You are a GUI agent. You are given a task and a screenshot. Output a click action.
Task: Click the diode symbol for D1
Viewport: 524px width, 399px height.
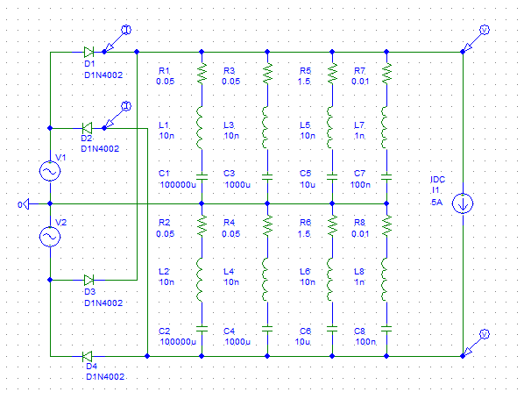point(89,52)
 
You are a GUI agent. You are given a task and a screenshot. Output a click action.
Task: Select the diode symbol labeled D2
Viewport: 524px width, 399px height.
point(88,128)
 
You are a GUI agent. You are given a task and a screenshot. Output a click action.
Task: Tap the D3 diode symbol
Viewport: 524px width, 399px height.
point(89,280)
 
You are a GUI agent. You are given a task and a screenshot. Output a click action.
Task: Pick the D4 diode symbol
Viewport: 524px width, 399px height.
point(88,356)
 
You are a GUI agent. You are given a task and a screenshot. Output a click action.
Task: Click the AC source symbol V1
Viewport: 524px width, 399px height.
point(50,171)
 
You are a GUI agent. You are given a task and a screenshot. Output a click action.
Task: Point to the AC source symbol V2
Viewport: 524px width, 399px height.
point(50,237)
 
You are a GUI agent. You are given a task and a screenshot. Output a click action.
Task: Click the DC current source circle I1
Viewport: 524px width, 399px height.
point(463,203)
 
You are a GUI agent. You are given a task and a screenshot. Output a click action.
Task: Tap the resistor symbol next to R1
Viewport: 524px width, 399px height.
point(202,74)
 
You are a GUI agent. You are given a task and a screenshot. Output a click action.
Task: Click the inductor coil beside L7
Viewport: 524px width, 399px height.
point(385,128)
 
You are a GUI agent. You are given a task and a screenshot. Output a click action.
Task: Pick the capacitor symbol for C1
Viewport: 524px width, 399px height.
point(202,177)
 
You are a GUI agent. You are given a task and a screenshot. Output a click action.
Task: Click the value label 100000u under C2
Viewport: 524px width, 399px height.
point(178,342)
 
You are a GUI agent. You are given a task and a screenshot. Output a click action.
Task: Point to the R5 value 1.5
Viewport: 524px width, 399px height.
point(304,82)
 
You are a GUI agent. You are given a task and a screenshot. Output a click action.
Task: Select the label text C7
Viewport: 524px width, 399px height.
point(359,174)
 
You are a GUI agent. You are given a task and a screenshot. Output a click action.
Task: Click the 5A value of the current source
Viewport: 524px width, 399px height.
point(436,203)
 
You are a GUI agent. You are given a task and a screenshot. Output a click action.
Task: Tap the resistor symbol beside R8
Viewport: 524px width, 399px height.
point(386,225)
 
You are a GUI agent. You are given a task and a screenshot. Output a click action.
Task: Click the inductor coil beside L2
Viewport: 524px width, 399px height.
point(200,280)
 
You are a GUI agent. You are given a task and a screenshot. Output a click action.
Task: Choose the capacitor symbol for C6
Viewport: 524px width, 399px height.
point(332,329)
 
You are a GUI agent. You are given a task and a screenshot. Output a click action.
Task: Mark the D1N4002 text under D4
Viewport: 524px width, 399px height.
point(105,376)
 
